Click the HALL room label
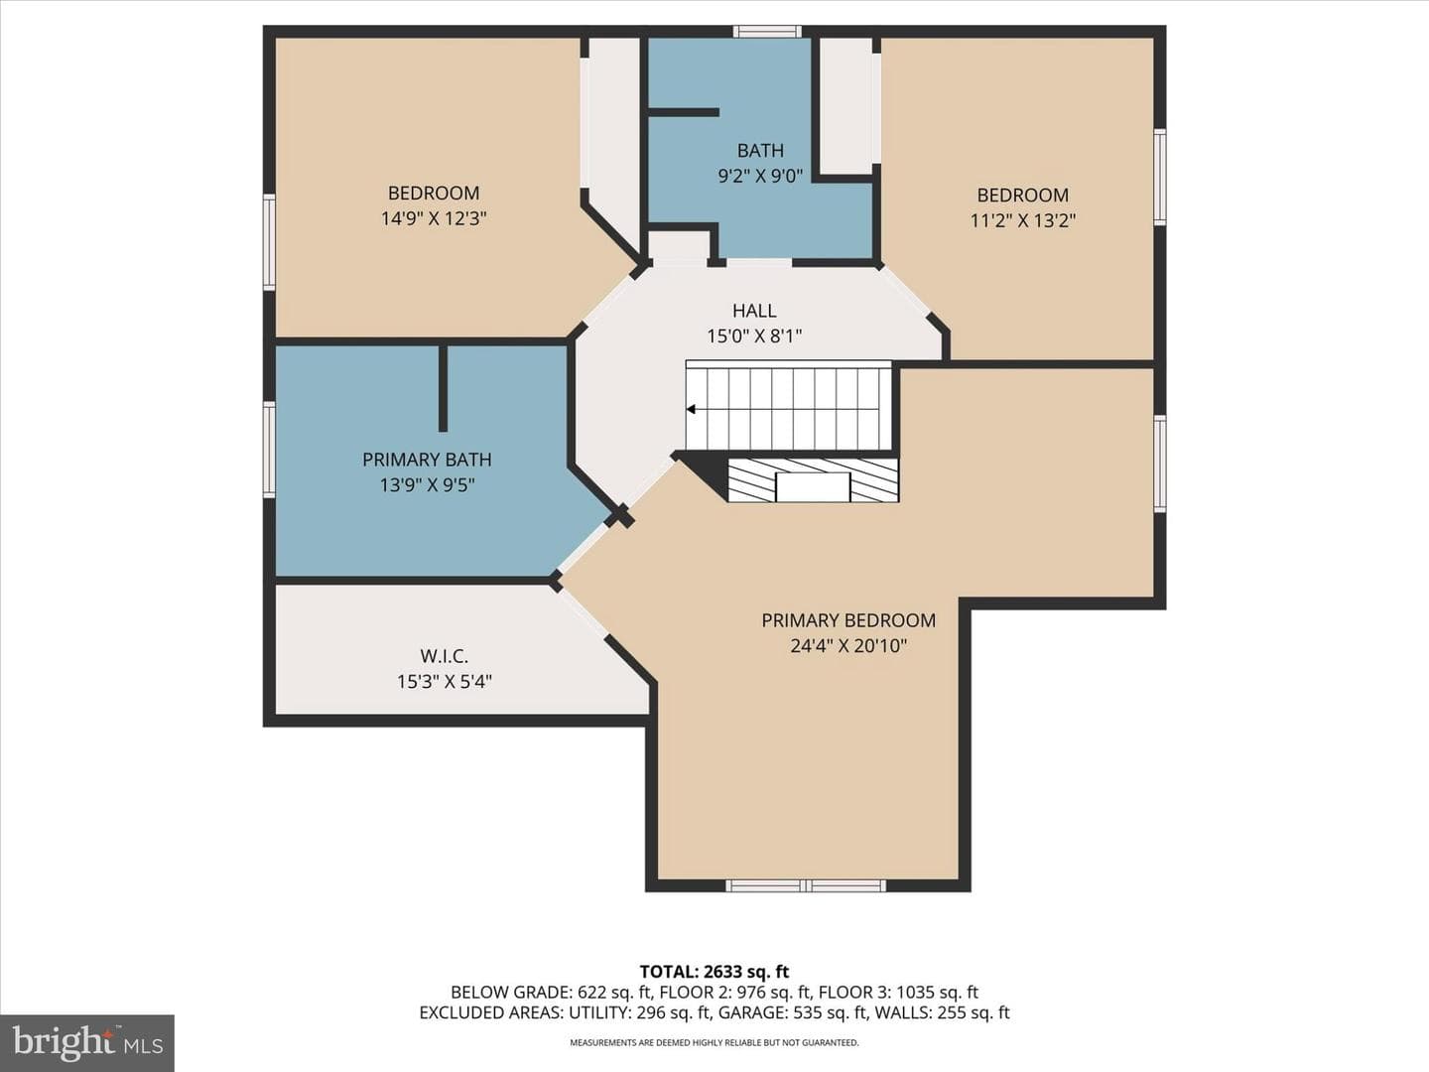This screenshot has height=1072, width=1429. (x=754, y=311)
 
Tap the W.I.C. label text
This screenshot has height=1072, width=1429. (x=444, y=655)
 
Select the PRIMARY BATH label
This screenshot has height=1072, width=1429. (x=427, y=460)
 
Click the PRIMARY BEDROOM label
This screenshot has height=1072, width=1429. (x=848, y=620)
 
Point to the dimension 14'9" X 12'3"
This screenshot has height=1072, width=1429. (x=434, y=218)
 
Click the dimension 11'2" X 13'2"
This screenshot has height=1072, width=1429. (x=1023, y=220)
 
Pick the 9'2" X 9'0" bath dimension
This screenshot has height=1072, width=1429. (x=760, y=176)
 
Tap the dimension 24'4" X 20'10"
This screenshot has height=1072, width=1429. (x=848, y=645)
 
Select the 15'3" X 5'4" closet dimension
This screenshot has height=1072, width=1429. (x=444, y=682)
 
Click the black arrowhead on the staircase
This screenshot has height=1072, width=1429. (x=692, y=409)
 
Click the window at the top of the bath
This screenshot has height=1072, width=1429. (x=767, y=31)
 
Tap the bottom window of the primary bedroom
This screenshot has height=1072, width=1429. (x=806, y=885)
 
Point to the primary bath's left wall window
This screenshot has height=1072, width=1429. (x=269, y=450)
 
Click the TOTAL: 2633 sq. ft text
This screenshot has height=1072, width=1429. (x=714, y=972)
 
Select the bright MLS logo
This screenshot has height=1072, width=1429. (x=87, y=1043)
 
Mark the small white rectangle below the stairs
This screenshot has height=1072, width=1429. (x=813, y=486)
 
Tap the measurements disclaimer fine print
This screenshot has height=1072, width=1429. (x=714, y=1042)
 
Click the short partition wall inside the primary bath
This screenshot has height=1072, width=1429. (x=443, y=388)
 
